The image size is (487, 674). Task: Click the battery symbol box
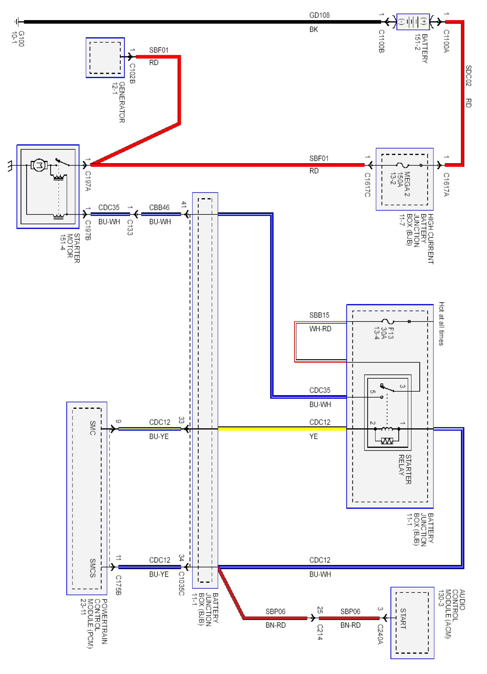413,22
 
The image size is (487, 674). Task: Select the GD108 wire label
319,15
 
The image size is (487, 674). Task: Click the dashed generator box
105,58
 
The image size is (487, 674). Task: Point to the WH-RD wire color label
320,329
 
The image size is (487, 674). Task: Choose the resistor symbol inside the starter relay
387,441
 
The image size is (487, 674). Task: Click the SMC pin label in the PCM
93,428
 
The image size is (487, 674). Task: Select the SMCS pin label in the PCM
93,568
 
